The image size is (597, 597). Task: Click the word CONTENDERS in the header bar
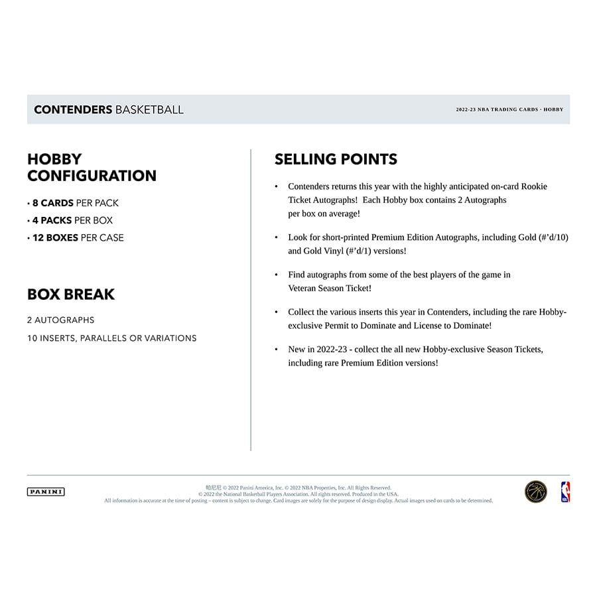click(73, 109)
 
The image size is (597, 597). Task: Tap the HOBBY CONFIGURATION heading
click(92, 167)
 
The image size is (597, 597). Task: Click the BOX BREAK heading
click(71, 295)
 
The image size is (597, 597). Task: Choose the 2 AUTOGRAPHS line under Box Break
click(61, 320)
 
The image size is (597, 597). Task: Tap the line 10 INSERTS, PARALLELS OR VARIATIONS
click(112, 338)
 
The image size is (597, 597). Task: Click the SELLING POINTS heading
click(336, 159)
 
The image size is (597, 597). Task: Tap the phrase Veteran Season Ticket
click(330, 287)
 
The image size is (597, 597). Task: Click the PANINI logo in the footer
click(46, 492)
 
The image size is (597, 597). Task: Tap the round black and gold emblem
click(536, 492)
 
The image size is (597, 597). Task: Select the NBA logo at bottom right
click(566, 492)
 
